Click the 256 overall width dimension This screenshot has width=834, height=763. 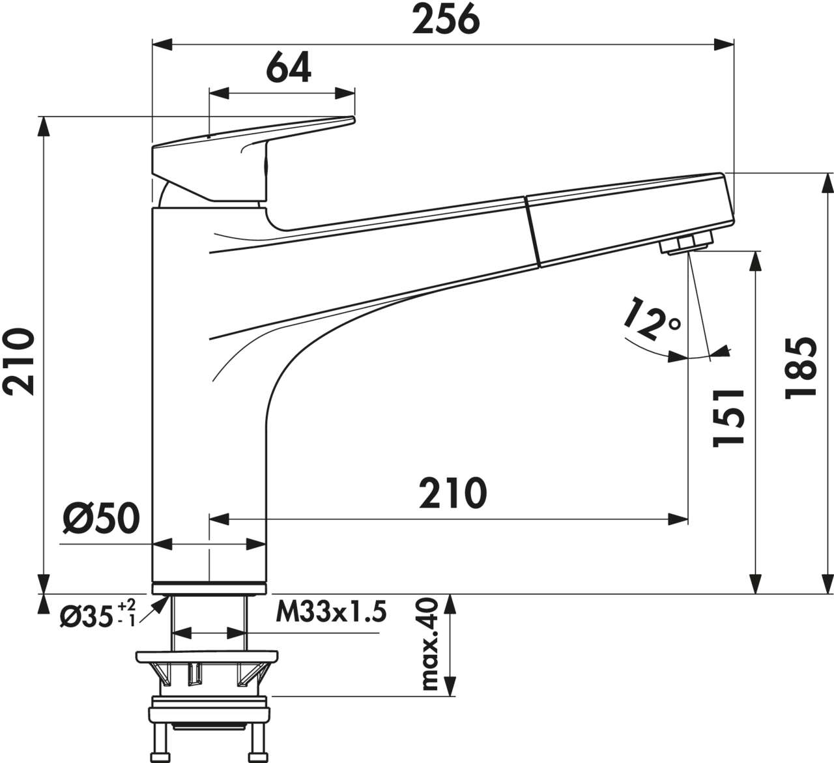click(x=446, y=20)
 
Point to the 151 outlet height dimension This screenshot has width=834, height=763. click(x=728, y=417)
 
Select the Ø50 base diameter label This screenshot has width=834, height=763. click(x=101, y=519)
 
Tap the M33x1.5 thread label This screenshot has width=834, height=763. click(x=331, y=612)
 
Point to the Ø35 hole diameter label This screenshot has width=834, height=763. click(x=87, y=616)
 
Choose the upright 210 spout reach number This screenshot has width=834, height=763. click(x=452, y=493)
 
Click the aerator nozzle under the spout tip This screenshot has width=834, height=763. click(x=686, y=245)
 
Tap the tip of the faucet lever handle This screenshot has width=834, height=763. click(x=351, y=120)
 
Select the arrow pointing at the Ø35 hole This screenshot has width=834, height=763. click(x=156, y=604)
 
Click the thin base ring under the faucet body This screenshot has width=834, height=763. click(x=209, y=589)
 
